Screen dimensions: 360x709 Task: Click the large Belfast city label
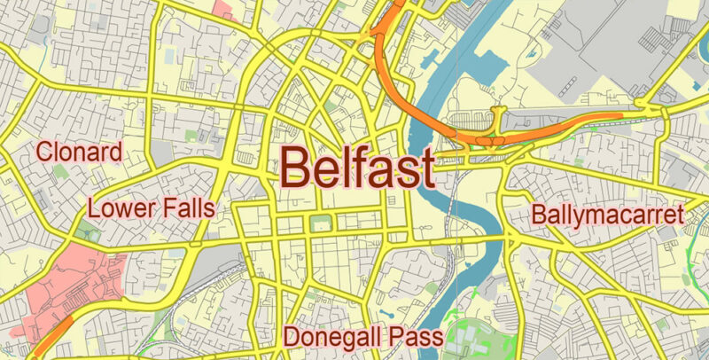[358, 166]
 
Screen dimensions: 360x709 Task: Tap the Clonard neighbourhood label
[78, 153]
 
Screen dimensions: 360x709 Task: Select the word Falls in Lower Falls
[184, 209]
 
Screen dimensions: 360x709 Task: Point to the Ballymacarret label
[608, 215]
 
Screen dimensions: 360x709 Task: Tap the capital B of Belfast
[297, 166]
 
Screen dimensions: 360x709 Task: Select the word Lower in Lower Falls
[120, 209]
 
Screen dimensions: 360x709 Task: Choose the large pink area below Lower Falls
[71, 284]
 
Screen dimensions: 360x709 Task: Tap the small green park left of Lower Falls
[84, 232]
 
